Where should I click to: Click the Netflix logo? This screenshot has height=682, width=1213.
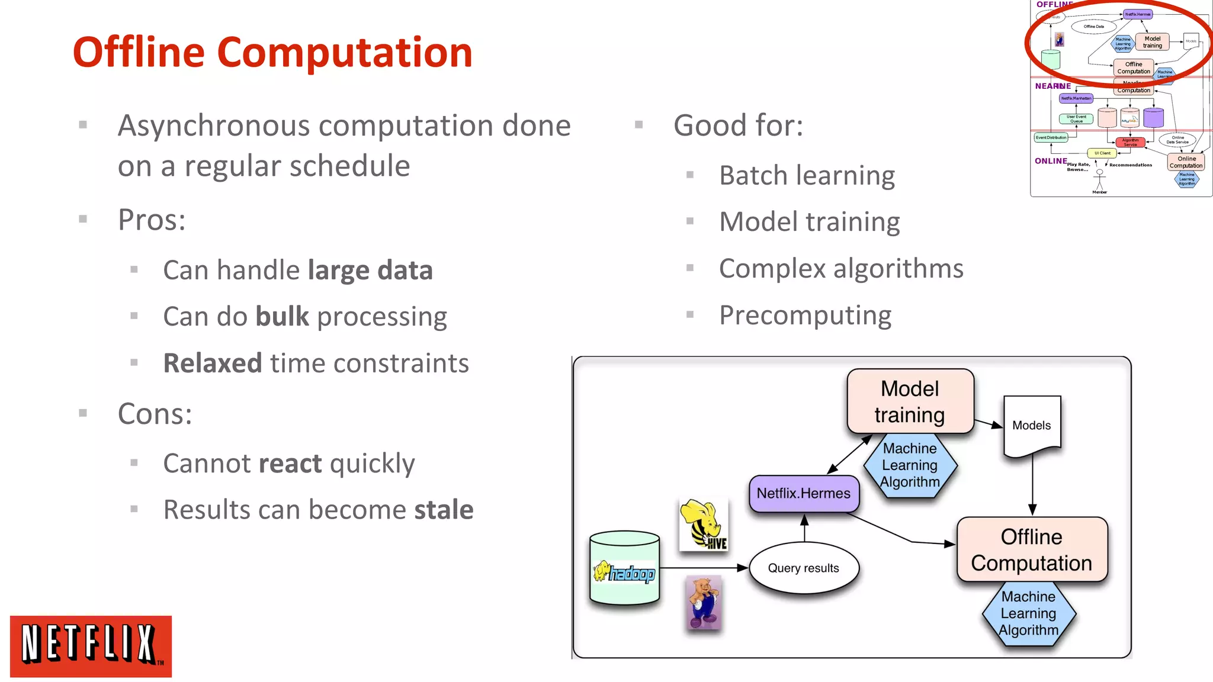(91, 646)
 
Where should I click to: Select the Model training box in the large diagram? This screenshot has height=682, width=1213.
(910, 401)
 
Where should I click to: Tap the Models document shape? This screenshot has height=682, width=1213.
(1032, 425)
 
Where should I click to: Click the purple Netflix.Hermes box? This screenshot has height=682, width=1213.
(803, 493)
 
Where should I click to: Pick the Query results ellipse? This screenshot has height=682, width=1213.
(803, 568)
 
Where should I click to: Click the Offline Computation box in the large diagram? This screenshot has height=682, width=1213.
(1031, 549)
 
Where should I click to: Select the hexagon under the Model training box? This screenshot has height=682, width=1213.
(910, 466)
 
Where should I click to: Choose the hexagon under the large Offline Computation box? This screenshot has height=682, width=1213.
(1028, 614)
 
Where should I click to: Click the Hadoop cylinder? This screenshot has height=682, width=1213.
(624, 568)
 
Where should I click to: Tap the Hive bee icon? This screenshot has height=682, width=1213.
(703, 525)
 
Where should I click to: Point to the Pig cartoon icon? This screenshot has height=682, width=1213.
(704, 602)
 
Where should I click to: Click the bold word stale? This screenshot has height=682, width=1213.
(444, 510)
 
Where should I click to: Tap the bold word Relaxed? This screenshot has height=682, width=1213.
(212, 363)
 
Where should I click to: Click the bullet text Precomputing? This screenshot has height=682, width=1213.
(805, 315)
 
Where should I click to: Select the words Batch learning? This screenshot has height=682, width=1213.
(807, 176)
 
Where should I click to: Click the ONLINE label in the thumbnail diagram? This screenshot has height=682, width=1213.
(1050, 161)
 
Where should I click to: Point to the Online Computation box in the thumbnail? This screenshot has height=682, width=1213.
(1186, 162)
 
